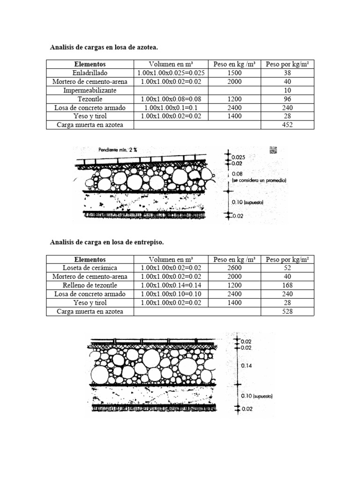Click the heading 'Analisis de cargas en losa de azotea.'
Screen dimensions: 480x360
(104, 47)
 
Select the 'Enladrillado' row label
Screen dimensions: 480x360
(90, 73)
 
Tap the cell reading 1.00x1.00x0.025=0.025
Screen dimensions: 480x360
(171, 73)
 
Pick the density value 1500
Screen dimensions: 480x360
(234, 73)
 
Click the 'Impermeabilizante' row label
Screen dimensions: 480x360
(90, 90)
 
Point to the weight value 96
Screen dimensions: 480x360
(287, 99)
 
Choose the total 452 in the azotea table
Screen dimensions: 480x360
(287, 125)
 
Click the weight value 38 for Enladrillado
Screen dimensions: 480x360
(287, 73)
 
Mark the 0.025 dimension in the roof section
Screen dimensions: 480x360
(239, 157)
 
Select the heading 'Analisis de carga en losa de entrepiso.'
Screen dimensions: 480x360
(107, 242)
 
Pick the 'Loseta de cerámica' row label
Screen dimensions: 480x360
(90, 268)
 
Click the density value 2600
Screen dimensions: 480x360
(234, 268)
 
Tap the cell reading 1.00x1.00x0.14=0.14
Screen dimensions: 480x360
(171, 285)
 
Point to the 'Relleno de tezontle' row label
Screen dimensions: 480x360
(90, 285)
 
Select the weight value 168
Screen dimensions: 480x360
(287, 285)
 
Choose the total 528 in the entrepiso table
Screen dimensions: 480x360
(287, 312)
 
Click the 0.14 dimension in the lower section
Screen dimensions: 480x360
(247, 366)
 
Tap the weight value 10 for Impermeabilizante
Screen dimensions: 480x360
(287, 90)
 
